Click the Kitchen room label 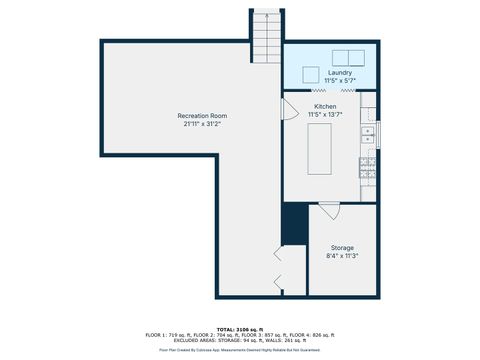[325, 106]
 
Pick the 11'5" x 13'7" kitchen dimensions [325, 114]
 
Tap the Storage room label [342, 247]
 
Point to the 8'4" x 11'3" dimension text [342, 256]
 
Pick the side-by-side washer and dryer [348, 56]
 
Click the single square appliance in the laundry [309, 73]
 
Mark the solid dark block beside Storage [294, 224]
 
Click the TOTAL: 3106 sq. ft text [239, 328]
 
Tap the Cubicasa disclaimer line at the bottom [239, 350]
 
